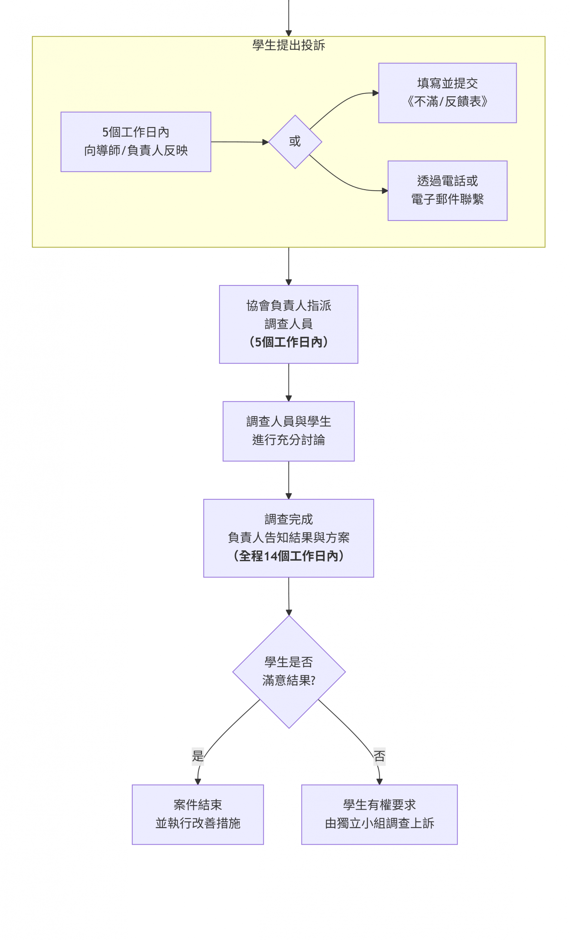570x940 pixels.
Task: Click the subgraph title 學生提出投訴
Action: tap(288, 45)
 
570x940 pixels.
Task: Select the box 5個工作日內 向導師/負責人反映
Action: tap(136, 142)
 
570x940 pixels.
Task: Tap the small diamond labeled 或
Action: tap(295, 142)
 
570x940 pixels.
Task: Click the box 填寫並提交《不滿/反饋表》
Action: tap(447, 93)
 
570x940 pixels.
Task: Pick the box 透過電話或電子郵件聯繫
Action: tap(447, 190)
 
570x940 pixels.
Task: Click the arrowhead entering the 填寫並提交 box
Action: tap(375, 93)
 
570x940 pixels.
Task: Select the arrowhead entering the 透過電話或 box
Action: tap(385, 190)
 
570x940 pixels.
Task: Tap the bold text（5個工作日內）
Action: tap(288, 342)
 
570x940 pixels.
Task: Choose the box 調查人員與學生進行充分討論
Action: tap(288, 431)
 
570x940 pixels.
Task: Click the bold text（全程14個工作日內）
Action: tap(288, 555)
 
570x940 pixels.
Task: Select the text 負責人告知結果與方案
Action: tap(288, 537)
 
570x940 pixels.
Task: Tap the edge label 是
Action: tap(197, 756)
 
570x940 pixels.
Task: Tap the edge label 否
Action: tap(379, 756)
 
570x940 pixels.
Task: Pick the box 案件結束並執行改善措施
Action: tap(197, 815)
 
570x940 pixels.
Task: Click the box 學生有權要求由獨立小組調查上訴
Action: tap(379, 815)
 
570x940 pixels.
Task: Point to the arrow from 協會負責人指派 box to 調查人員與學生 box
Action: tap(288, 381)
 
